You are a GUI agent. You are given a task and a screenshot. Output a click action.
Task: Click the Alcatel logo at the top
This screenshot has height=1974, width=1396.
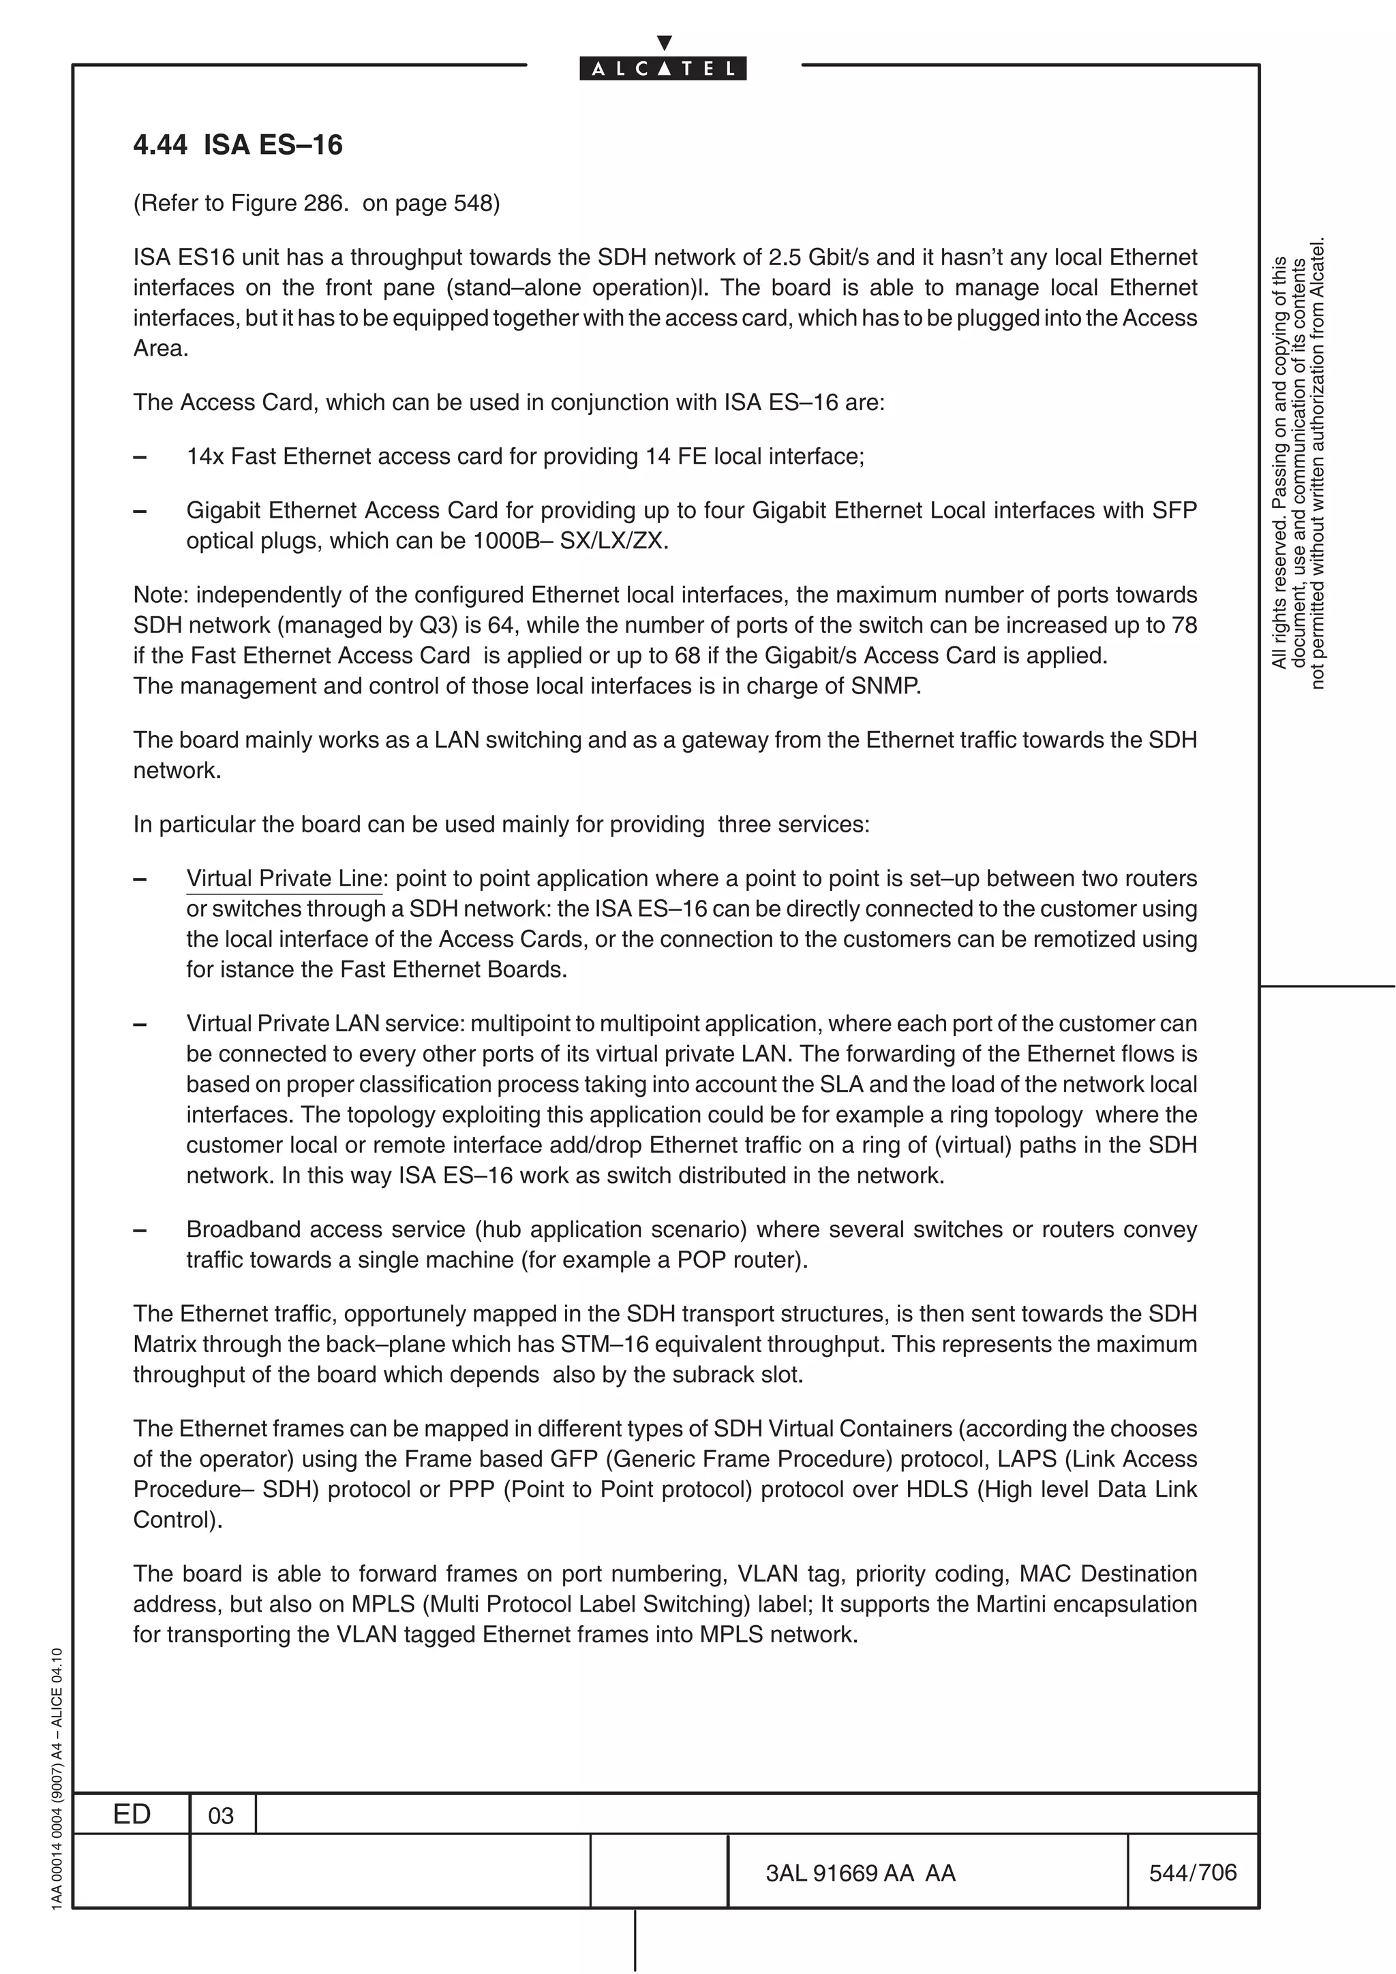click(663, 68)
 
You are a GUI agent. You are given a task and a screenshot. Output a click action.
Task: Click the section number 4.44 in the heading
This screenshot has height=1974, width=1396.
click(160, 144)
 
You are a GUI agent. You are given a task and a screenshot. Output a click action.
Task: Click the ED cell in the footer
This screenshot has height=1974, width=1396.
click(132, 1813)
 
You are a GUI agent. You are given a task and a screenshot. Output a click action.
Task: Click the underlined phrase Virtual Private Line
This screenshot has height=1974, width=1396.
click(284, 878)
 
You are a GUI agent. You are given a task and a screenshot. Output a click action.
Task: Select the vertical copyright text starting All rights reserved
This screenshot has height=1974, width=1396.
click(1298, 465)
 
